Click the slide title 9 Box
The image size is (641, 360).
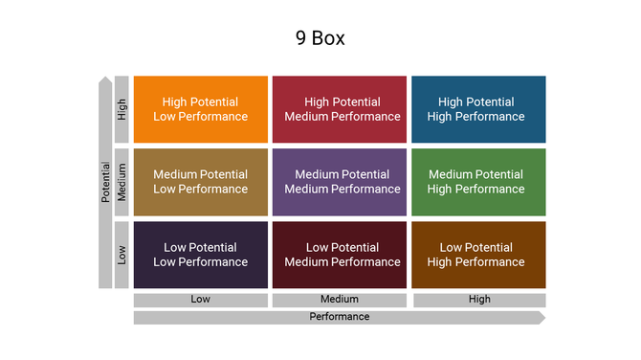coord(320,39)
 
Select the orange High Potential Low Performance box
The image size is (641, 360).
coord(201,109)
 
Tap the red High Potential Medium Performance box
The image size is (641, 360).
coord(340,109)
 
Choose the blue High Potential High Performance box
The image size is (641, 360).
coord(478,109)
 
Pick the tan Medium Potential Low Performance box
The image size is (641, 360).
coord(201,182)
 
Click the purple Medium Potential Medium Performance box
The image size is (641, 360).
coord(340,182)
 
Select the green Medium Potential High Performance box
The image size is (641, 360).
coord(478,182)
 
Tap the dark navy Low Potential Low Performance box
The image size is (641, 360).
coord(201,255)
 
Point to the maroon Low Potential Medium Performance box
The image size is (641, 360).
coord(340,255)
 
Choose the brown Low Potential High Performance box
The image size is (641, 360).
coord(478,255)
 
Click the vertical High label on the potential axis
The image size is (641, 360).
coord(122,109)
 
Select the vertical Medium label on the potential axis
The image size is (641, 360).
coord(122,182)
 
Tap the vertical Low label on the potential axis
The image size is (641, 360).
coord(122,255)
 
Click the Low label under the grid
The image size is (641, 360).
coord(201,300)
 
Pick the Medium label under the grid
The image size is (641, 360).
coord(340,300)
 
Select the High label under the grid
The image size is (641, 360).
coord(479,300)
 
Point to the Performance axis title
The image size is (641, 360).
coord(340,317)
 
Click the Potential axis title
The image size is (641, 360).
coord(105,182)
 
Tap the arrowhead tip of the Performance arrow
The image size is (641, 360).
coord(542,318)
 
